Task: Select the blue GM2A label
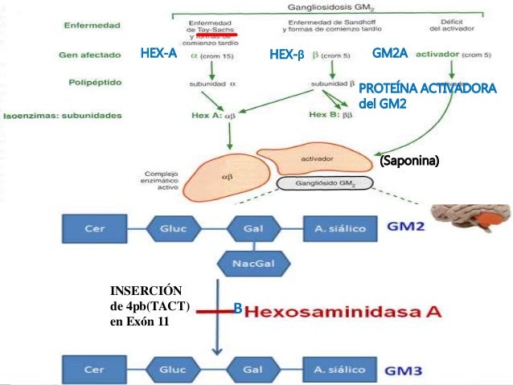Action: tap(392, 54)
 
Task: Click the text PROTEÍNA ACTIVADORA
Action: tap(426, 87)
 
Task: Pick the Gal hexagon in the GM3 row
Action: tap(251, 371)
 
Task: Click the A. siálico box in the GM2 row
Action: tap(341, 229)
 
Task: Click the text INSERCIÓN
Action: tap(146, 289)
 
